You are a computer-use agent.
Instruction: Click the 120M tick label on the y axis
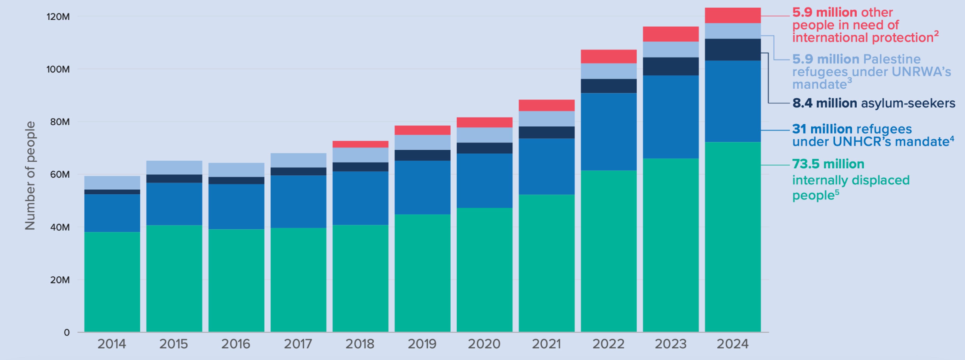[58, 17]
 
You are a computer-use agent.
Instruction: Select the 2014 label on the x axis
[112, 344]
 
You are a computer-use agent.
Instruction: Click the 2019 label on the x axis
[422, 344]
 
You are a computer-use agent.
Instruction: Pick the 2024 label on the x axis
[732, 344]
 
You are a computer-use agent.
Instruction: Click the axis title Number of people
[30, 175]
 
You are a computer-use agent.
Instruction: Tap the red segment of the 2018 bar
[360, 144]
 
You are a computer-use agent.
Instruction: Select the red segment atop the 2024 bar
[732, 15]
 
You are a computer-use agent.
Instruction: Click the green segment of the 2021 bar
[547, 262]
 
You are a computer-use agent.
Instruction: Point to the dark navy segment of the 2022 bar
[608, 86]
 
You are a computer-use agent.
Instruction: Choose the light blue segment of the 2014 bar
[112, 182]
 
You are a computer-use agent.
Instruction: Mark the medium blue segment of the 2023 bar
[671, 117]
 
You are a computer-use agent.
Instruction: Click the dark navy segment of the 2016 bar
[236, 180]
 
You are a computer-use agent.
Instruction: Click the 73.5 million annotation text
[828, 164]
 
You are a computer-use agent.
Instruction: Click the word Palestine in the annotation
[891, 59]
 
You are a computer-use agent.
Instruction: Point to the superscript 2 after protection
[936, 33]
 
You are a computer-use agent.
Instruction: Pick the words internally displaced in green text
[850, 180]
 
